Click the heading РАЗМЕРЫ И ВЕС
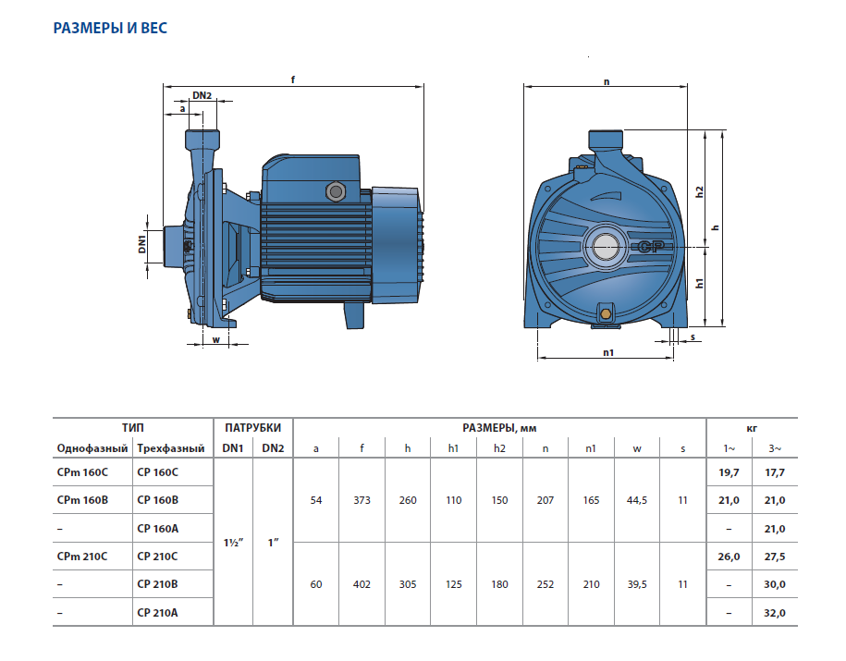110,29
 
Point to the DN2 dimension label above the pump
202,95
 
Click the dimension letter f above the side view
293,80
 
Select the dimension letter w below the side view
215,337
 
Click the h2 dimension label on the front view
700,191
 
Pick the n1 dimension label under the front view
607,351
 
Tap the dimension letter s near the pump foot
693,337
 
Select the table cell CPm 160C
82,471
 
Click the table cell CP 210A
156,612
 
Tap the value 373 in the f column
362,500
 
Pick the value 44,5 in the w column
636,500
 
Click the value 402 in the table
362,584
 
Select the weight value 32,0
775,612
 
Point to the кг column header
752,428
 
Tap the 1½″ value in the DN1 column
233,542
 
